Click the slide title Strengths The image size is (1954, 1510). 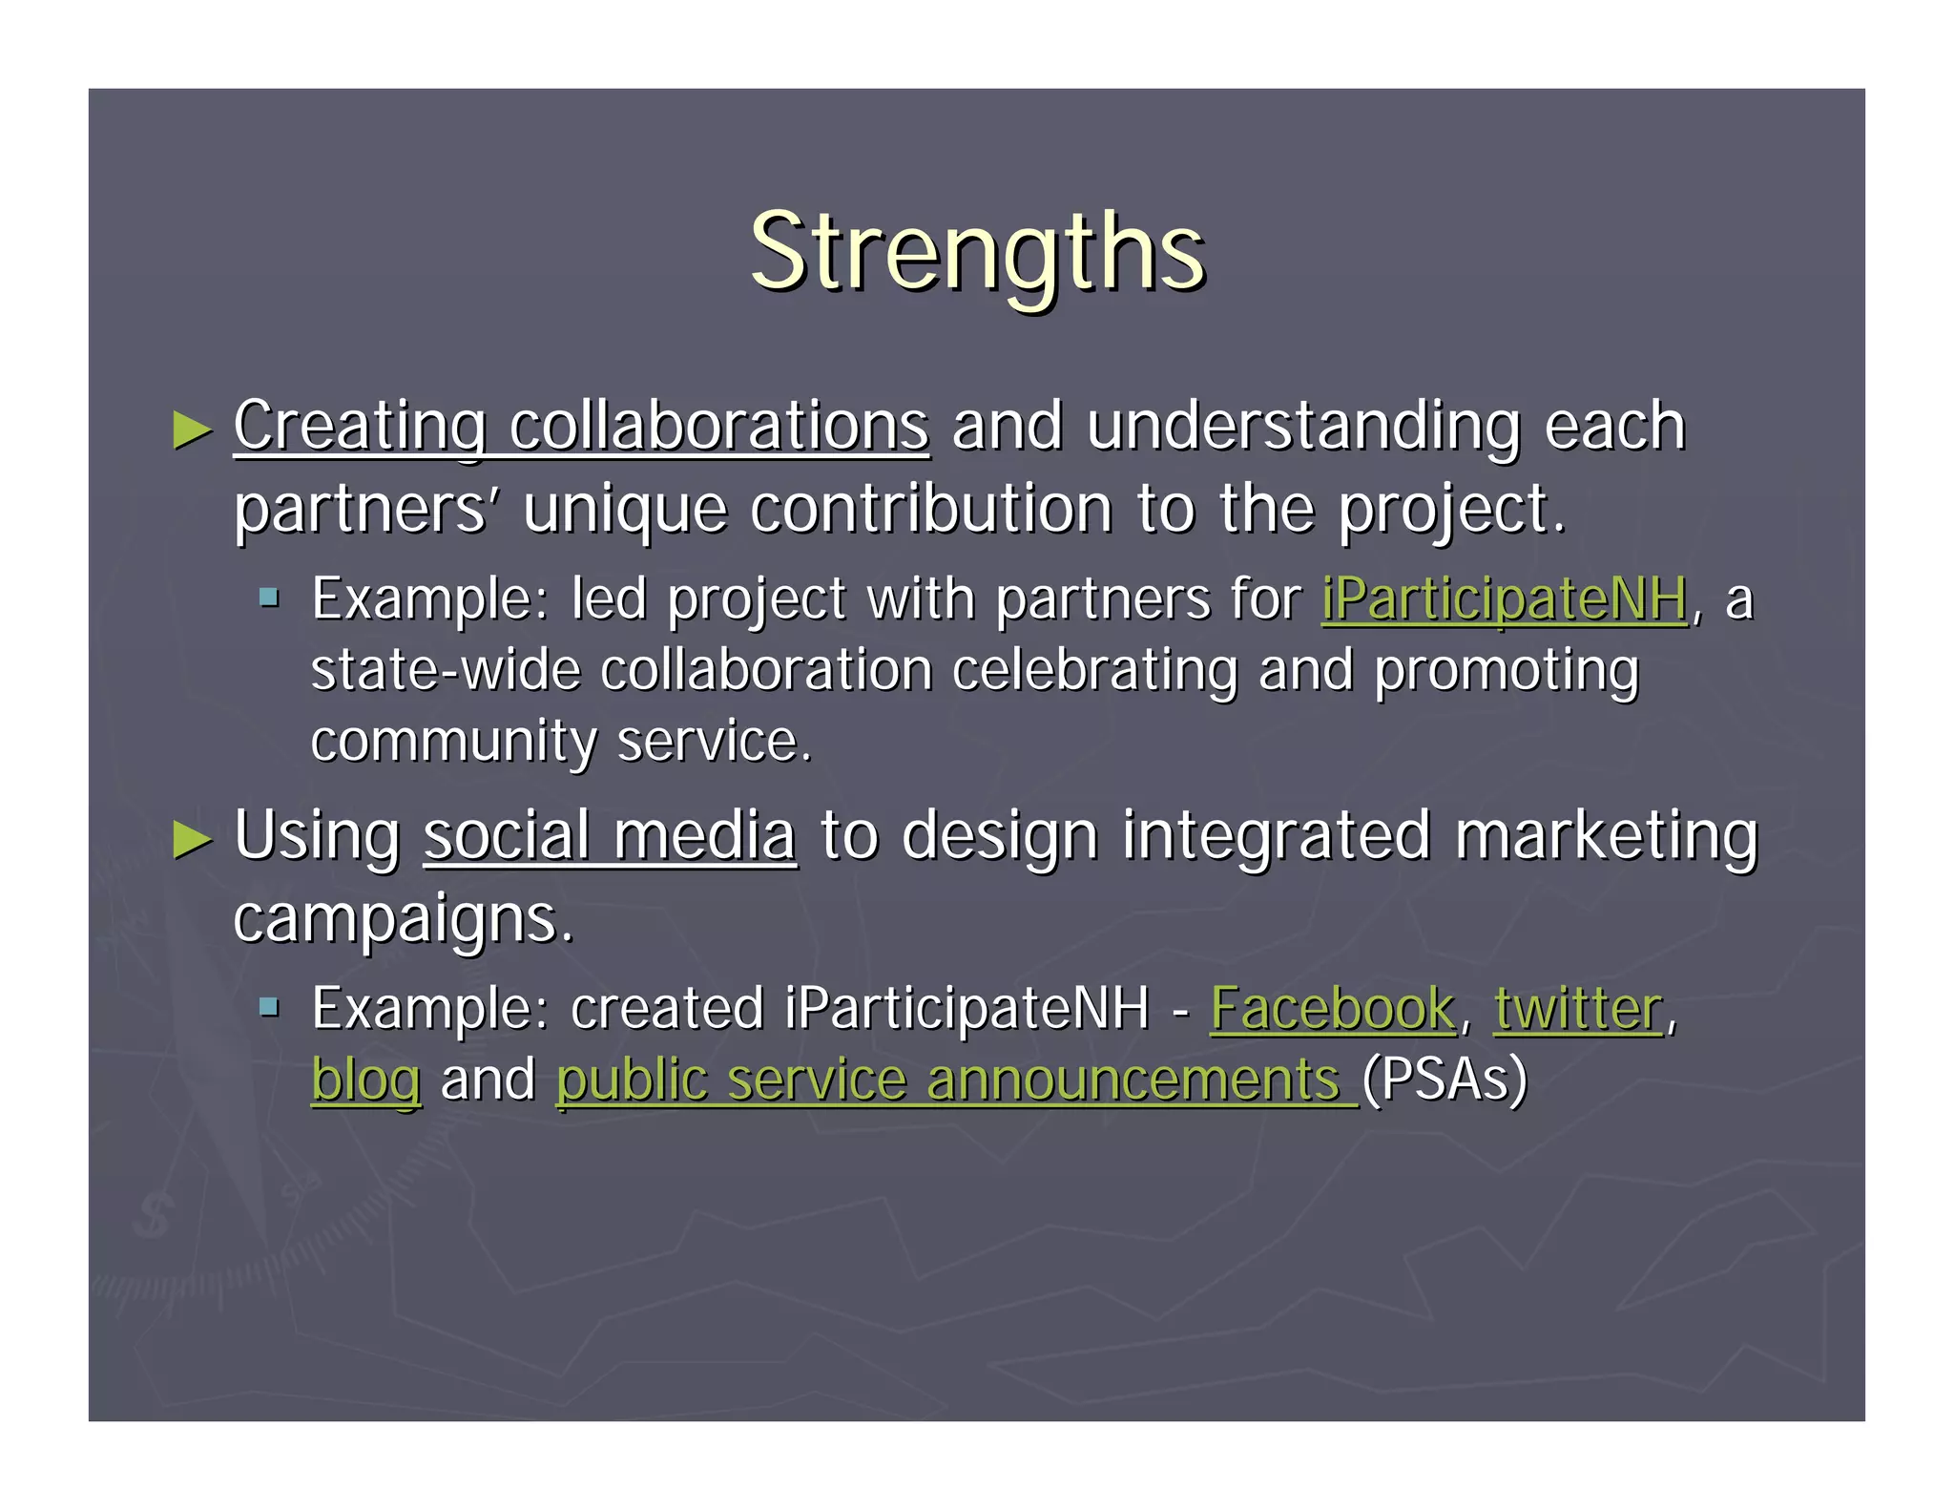click(977, 253)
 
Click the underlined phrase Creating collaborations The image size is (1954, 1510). click(581, 426)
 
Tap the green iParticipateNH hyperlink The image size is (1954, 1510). click(1504, 599)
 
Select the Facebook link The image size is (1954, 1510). click(1332, 1009)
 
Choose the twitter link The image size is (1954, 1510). click(1578, 1009)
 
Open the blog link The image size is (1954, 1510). click(365, 1081)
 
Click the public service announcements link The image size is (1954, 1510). click(956, 1081)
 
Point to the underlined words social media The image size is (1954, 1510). click(610, 836)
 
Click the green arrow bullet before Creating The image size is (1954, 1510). click(193, 430)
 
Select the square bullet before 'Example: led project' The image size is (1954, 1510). click(270, 598)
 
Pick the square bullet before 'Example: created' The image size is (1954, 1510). click(270, 1006)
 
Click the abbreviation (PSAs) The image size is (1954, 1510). click(1445, 1080)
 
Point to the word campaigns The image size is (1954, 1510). click(403, 919)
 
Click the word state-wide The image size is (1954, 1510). click(446, 670)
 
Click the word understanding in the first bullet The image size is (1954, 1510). click(1302, 426)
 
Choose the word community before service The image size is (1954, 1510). click(452, 742)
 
